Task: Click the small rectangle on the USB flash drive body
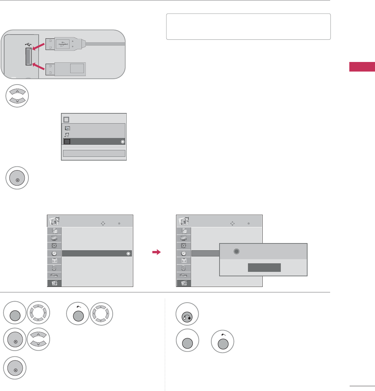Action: (x=77, y=68)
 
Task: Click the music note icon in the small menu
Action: (x=67, y=135)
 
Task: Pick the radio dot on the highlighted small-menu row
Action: (x=123, y=142)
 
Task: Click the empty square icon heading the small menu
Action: (x=66, y=119)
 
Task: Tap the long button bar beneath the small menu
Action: (x=94, y=153)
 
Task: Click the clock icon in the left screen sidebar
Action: (x=54, y=254)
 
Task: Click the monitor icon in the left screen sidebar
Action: (x=54, y=238)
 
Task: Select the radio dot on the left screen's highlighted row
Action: (x=128, y=254)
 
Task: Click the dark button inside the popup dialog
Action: (x=264, y=268)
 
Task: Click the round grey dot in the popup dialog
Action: (x=236, y=251)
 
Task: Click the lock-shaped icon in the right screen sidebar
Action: (x=184, y=269)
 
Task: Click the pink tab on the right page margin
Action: (x=362, y=67)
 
